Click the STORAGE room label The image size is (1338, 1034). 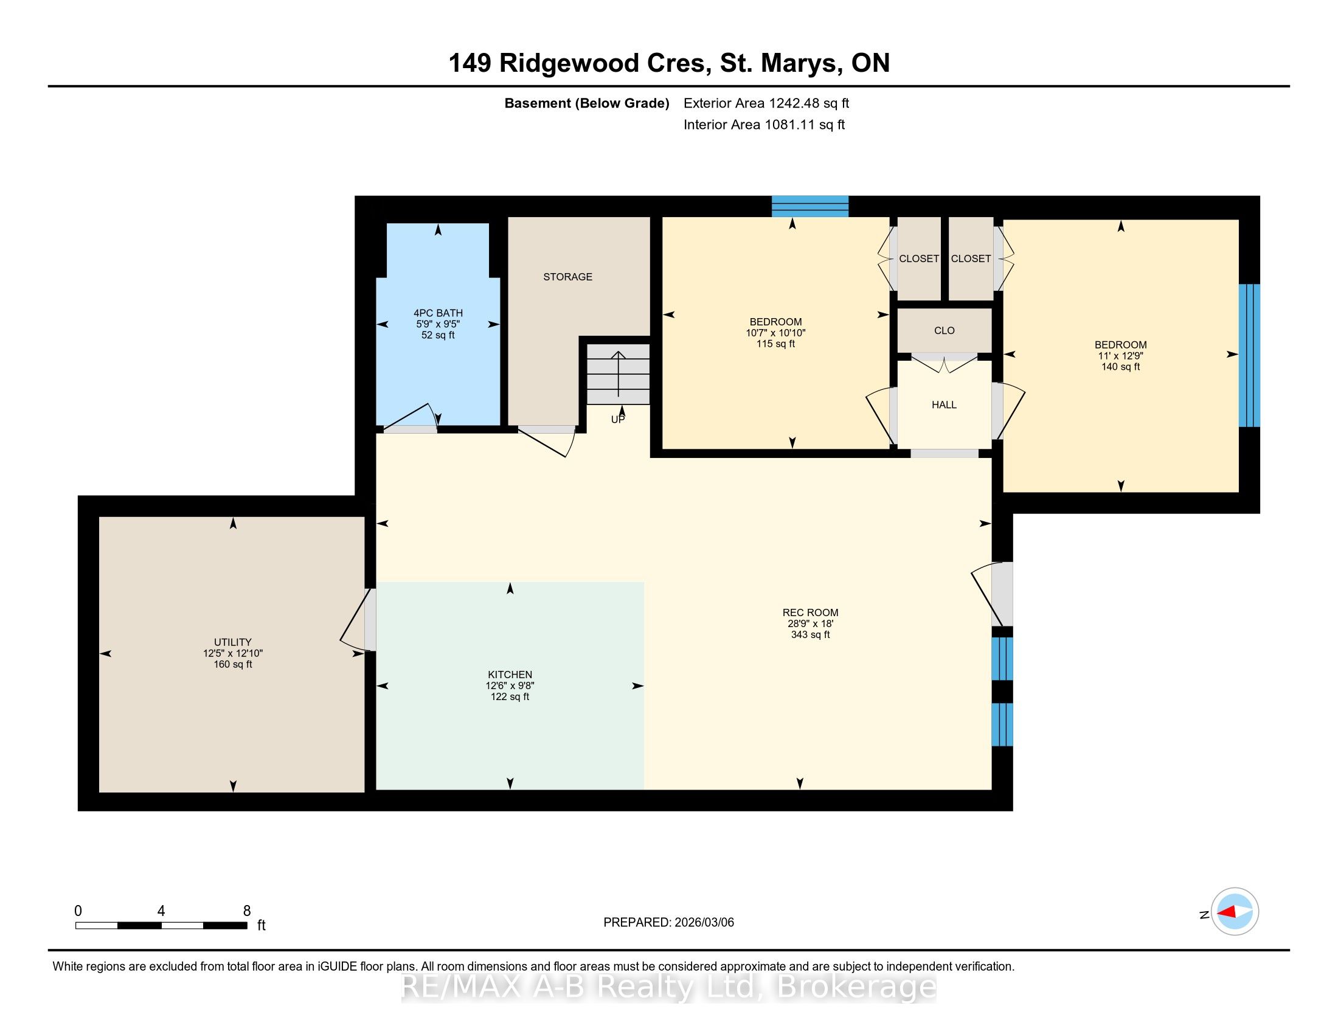[x=567, y=277]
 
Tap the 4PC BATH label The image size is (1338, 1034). [x=438, y=313]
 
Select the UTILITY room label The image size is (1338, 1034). [x=233, y=642]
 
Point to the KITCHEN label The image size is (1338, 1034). [x=510, y=675]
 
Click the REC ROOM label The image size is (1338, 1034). [x=810, y=612]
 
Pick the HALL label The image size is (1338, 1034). [x=944, y=405]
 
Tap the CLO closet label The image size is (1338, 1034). [x=944, y=331]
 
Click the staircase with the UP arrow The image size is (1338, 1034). [x=618, y=373]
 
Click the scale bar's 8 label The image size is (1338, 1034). [x=247, y=911]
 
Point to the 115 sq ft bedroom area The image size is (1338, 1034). [x=775, y=344]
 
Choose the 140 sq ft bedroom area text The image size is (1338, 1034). [x=1120, y=367]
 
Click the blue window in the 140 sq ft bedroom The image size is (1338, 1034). [x=1249, y=355]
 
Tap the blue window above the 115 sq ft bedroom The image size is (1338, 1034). [x=810, y=206]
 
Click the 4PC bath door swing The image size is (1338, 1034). [x=410, y=417]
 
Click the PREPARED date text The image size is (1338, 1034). [x=668, y=923]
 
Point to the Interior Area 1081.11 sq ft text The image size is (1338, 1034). [x=764, y=125]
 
